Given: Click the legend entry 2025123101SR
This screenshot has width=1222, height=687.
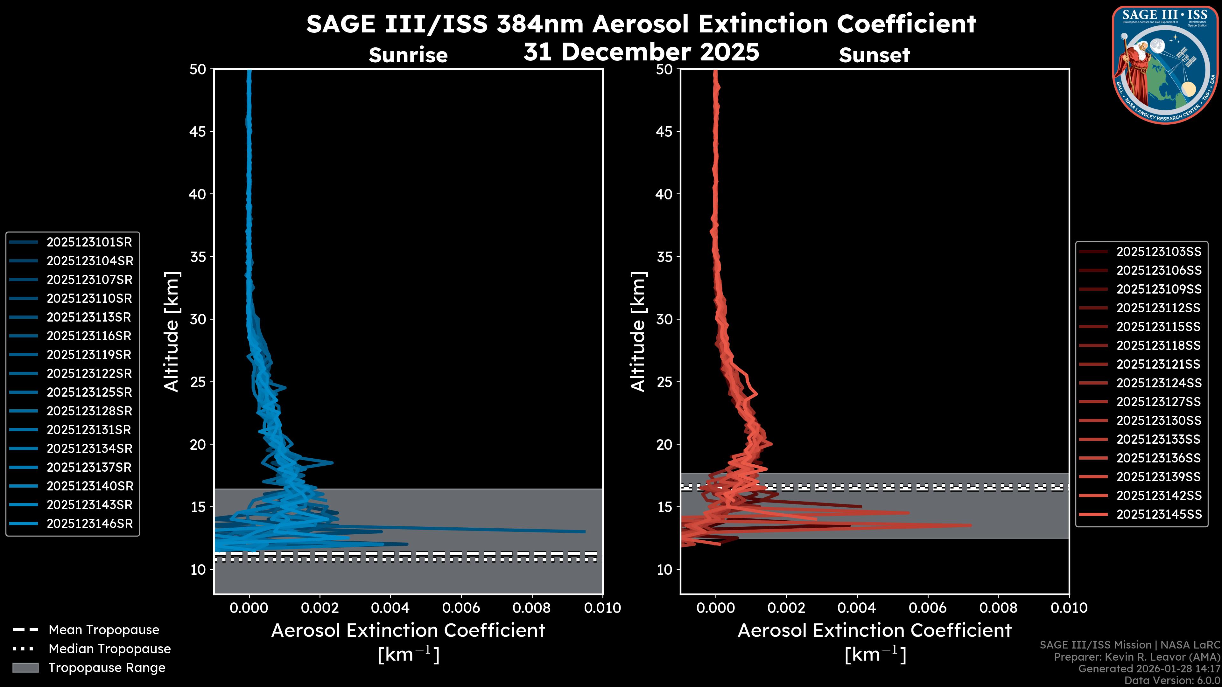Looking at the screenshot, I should point(89,242).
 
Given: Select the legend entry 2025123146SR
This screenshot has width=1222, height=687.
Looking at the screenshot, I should point(90,524).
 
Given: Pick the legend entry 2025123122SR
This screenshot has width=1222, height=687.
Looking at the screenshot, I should point(89,374).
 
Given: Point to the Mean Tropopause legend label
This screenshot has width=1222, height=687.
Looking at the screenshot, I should point(104,630).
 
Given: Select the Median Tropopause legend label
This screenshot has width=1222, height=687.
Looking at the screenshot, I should point(109,649).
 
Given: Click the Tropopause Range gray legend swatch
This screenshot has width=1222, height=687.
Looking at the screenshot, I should point(25,668).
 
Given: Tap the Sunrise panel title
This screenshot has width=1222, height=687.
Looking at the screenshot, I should point(408,55).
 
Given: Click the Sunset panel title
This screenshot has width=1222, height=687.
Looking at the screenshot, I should point(874,55).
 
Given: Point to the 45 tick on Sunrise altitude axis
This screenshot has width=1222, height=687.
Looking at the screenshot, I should point(198,132).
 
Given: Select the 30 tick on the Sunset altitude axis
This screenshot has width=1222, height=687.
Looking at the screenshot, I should point(664,320).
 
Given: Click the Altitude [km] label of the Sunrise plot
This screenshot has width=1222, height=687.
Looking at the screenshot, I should point(171,331).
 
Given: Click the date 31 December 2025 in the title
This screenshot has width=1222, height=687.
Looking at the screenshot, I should point(641,52).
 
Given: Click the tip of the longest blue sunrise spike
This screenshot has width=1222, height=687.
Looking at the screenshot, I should point(585,531).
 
